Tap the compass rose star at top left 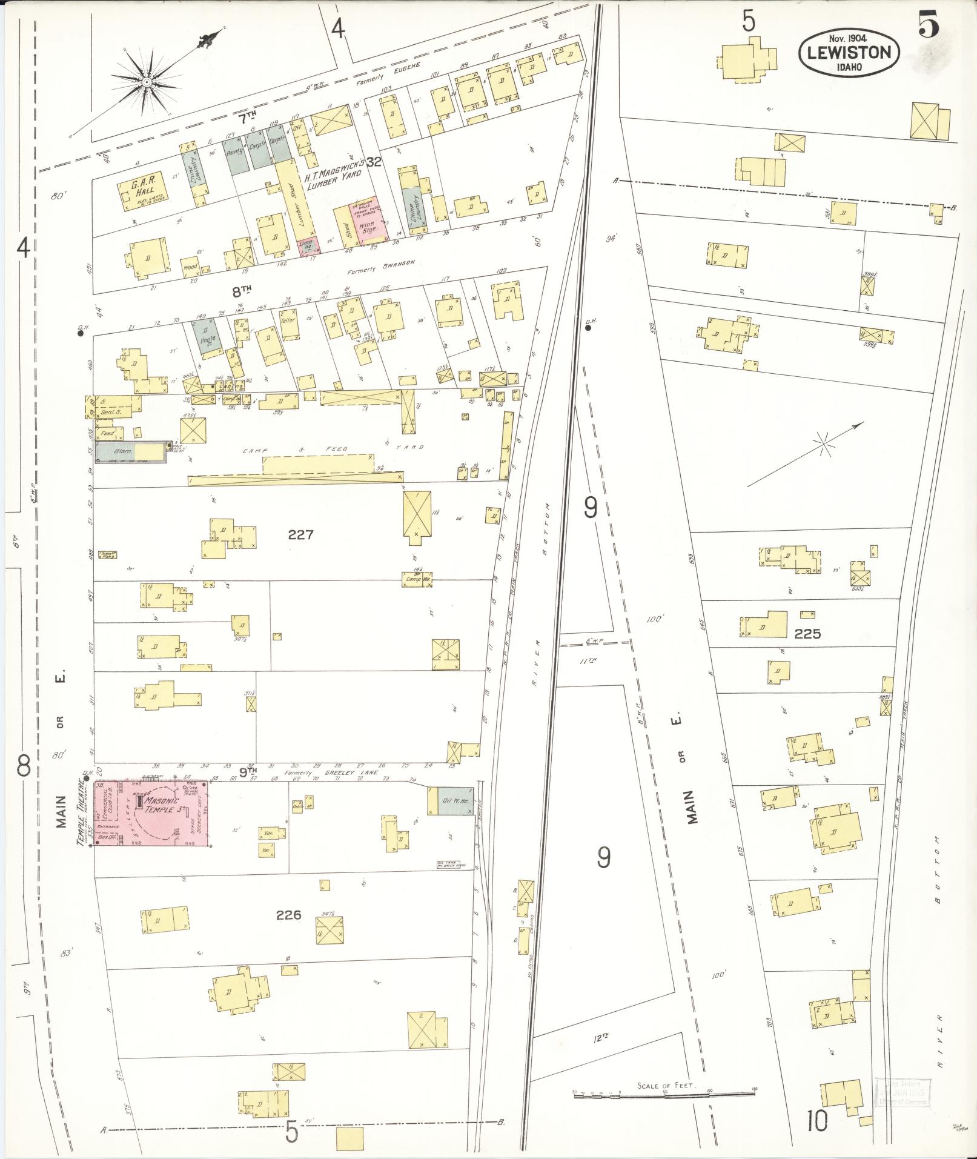click(x=147, y=81)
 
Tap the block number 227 click(x=300, y=534)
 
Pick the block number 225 click(x=807, y=634)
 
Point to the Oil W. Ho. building click(x=454, y=800)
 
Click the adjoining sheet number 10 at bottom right click(x=816, y=1122)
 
